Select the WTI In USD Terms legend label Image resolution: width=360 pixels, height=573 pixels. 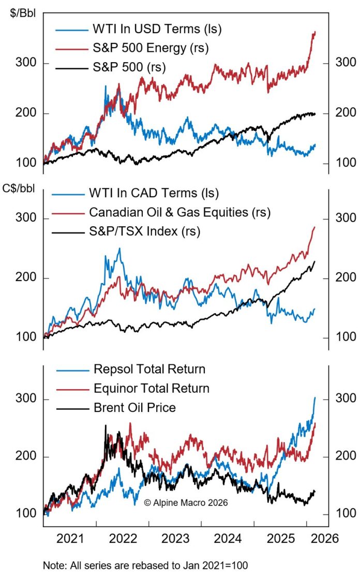[x=157, y=29]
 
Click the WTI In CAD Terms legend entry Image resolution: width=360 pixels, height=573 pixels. [x=154, y=193]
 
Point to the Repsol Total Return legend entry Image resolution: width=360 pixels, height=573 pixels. [x=149, y=369]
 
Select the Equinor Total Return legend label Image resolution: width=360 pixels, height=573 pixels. [x=151, y=388]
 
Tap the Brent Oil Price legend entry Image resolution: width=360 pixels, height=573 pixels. [x=134, y=408]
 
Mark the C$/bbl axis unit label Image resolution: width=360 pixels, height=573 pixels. [x=20, y=187]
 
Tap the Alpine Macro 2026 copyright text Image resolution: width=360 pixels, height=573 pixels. [x=186, y=502]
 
